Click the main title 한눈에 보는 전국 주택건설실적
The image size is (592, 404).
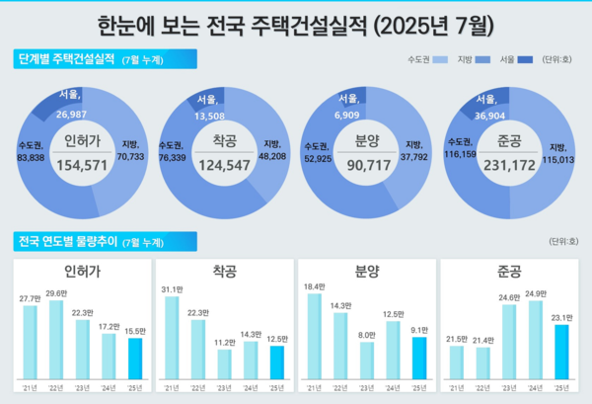tap(296, 22)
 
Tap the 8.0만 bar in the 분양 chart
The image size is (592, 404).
tap(367, 362)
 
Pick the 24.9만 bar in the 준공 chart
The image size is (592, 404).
tap(536, 342)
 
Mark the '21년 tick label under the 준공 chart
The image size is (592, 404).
tap(456, 387)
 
